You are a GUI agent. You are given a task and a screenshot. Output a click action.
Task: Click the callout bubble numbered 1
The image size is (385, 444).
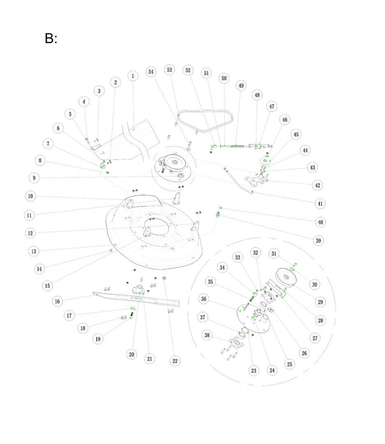[x=132, y=76]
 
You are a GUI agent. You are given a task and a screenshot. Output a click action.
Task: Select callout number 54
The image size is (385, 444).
[x=151, y=72]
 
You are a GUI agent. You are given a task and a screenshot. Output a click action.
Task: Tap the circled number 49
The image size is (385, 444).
[x=241, y=86]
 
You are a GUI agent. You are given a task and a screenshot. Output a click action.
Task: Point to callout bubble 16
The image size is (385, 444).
[x=57, y=301]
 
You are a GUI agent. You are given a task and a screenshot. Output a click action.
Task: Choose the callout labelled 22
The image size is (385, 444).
[x=175, y=361]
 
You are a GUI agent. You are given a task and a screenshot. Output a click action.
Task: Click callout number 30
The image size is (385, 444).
[x=315, y=284]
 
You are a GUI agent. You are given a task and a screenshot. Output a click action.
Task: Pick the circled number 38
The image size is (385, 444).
[x=207, y=335]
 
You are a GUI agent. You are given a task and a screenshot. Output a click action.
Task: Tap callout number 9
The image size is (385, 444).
[x=34, y=178]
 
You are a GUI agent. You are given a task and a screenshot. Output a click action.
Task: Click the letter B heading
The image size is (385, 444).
[x=51, y=39]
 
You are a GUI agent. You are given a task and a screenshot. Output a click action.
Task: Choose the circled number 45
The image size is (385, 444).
[x=296, y=134]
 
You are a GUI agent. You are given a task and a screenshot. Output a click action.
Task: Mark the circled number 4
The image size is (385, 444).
[x=84, y=101]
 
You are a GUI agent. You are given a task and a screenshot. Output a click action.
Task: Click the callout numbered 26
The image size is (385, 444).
[x=304, y=353]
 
